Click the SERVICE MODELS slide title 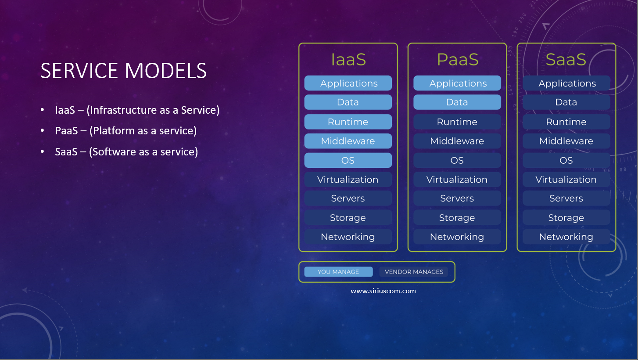tap(123, 71)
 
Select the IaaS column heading tap(348, 60)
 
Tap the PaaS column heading tap(457, 60)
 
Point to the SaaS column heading tap(566, 60)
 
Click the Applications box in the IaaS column tap(348, 83)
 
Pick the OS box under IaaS tap(348, 160)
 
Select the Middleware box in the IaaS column tap(348, 141)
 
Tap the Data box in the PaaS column tap(457, 102)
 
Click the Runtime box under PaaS tap(457, 122)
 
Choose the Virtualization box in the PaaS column tap(457, 179)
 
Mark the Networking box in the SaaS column tap(566, 237)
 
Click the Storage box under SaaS tap(566, 217)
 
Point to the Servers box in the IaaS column tap(348, 198)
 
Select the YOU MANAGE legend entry tap(338, 272)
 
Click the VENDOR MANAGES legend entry tap(414, 272)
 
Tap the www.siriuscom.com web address tap(383, 291)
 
